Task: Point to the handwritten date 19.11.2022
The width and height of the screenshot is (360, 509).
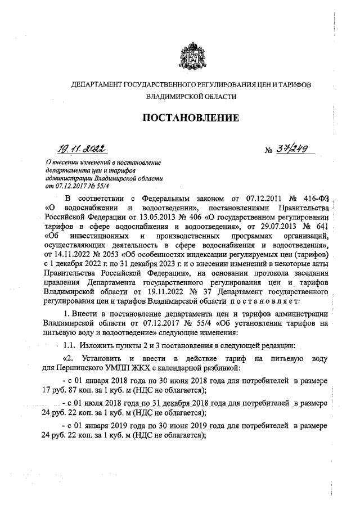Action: coord(84,148)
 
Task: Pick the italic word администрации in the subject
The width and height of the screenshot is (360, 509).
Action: coord(69,178)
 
